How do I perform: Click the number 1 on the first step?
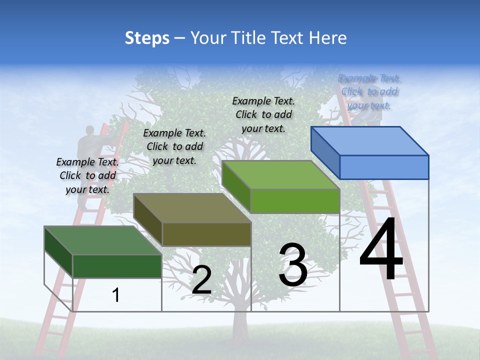pos(116,295)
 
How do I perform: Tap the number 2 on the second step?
pos(201,280)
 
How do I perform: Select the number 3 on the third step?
pos(293,264)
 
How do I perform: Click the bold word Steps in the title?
pos(147,38)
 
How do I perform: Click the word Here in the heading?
pos(328,38)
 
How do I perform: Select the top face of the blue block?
pos(370,140)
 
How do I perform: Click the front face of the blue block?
pos(384,167)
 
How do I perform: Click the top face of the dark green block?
pos(103,240)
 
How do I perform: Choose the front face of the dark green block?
pos(117,266)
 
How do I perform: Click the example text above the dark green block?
pos(87,175)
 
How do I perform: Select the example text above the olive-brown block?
pos(174,146)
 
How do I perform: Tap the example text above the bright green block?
pos(263,114)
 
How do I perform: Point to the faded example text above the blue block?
pos(369,91)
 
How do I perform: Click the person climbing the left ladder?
pos(86,160)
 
